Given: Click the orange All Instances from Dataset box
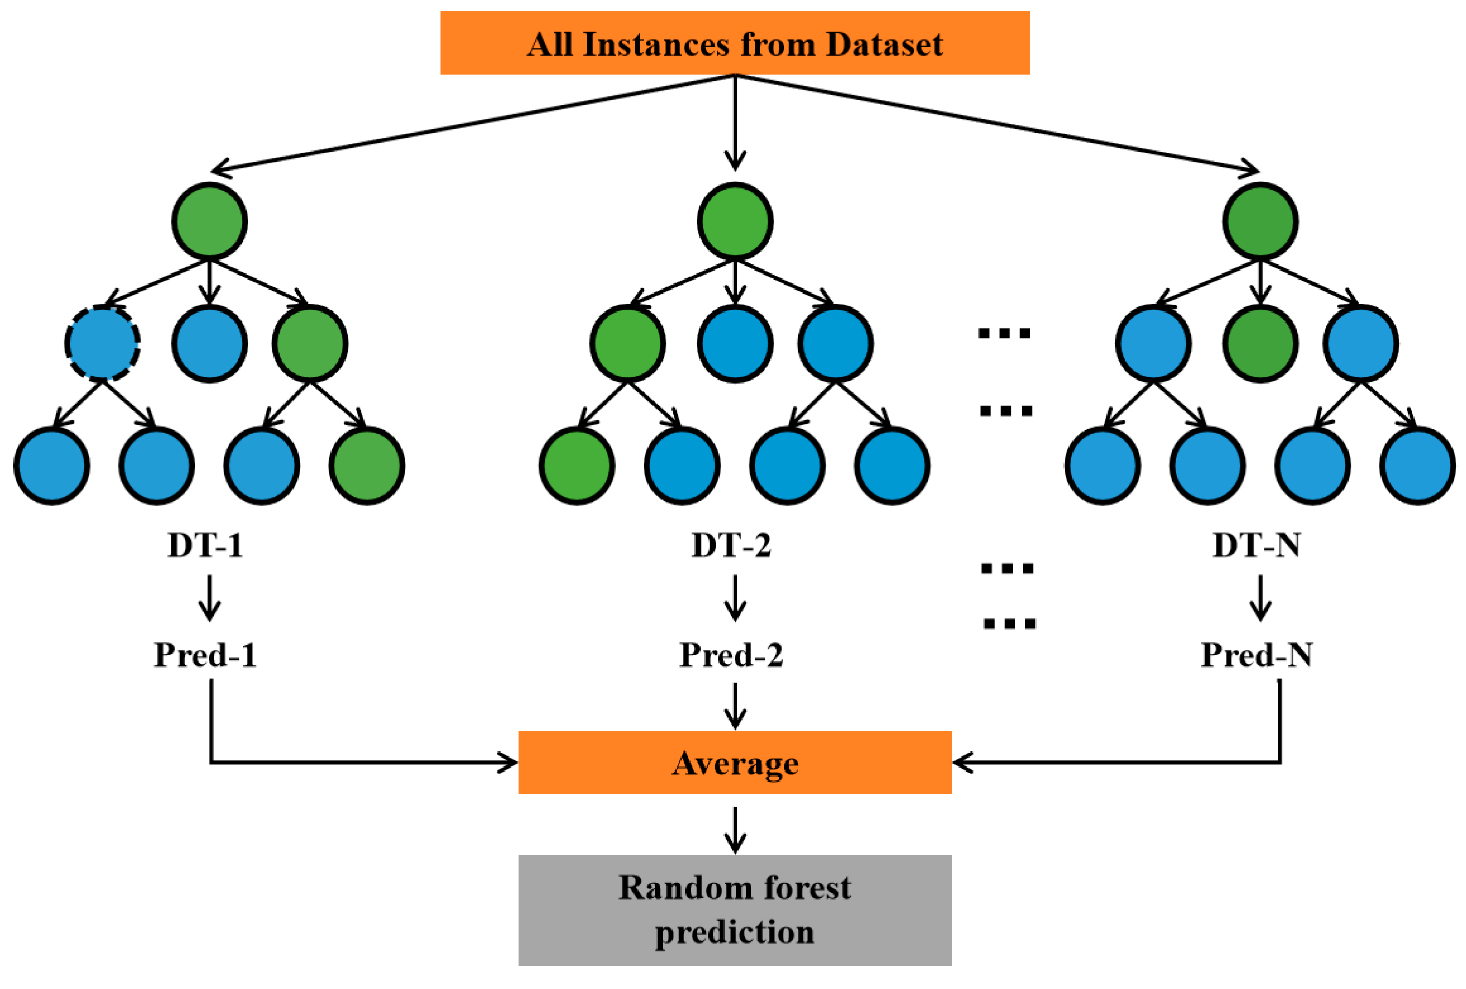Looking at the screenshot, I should tap(734, 43).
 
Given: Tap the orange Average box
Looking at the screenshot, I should tap(734, 763).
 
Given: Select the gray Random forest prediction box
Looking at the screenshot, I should tap(734, 909).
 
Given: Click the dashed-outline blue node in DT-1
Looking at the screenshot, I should tap(102, 343).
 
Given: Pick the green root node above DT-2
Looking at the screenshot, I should tap(734, 221).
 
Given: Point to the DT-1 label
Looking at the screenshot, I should tap(206, 545).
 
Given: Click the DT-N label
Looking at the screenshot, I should tap(1256, 545).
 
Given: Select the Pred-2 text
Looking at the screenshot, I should tap(731, 655).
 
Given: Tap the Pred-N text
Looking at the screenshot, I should tap(1256, 655).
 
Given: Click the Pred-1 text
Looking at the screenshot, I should tap(206, 655).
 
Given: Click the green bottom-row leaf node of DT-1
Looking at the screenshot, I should tap(367, 466).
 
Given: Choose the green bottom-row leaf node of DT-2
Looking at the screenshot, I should tap(576, 466).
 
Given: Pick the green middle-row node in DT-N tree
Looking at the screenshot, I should tap(1260, 343).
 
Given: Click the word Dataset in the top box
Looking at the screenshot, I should tap(885, 44).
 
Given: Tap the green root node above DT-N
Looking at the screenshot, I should tap(1260, 221).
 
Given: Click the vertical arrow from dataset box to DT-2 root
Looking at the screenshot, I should tap(734, 123).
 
